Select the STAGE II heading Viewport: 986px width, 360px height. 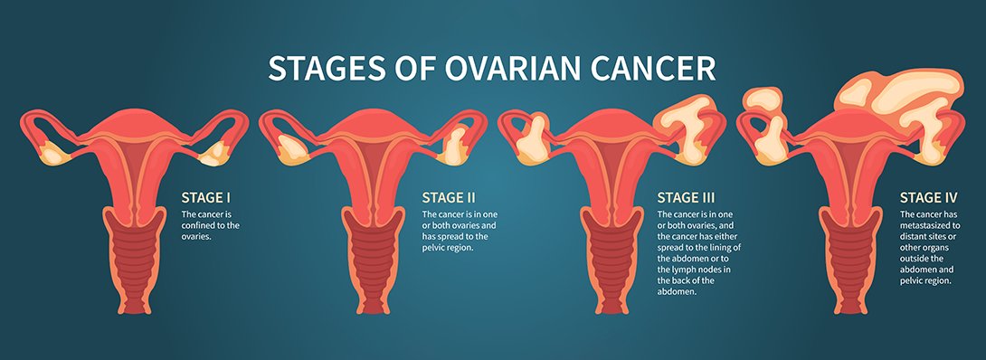pyautogui.click(x=449, y=197)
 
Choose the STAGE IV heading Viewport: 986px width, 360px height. pyautogui.click(x=928, y=197)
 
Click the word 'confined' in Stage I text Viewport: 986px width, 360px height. pyautogui.click(x=199, y=225)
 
